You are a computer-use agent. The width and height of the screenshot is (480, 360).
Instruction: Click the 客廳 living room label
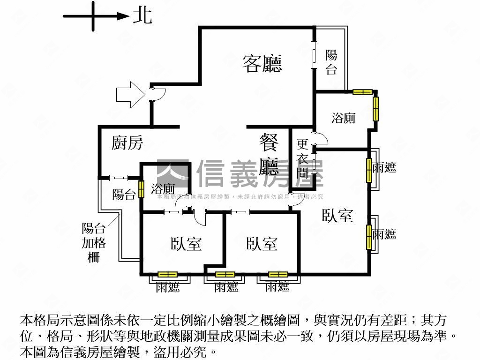(x=262, y=64)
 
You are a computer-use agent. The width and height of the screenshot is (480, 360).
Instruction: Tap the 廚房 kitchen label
(x=127, y=143)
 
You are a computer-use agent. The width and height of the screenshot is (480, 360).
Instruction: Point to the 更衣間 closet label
(x=302, y=159)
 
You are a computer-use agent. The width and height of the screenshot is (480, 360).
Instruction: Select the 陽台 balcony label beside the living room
(x=331, y=62)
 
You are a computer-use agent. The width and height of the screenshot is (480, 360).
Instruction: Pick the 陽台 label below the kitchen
(x=124, y=195)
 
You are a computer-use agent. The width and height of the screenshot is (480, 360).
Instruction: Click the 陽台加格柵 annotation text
(x=94, y=242)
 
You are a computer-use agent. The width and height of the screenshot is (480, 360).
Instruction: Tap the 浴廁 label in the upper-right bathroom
(x=343, y=118)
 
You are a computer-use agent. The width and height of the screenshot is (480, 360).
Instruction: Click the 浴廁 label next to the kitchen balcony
(x=163, y=189)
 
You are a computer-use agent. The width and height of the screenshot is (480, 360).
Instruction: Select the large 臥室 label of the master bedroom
(x=337, y=216)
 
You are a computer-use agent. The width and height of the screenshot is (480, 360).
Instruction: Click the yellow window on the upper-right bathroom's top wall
(x=362, y=92)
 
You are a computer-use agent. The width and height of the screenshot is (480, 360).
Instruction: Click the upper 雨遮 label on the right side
(x=384, y=167)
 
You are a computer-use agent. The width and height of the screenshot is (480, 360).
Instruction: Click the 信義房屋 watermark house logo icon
(x=172, y=173)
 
